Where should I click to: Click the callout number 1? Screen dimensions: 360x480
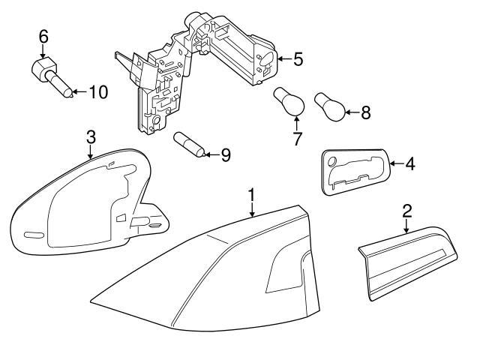252,196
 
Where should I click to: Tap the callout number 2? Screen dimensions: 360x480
406,211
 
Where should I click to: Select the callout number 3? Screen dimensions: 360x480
90,136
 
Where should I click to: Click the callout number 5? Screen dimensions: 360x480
298,58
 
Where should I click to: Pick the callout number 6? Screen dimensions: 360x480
43,35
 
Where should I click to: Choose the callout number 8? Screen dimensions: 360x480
366,112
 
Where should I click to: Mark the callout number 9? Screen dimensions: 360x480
224,155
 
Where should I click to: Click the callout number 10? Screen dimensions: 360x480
98,92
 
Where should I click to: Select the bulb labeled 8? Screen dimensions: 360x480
331,106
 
